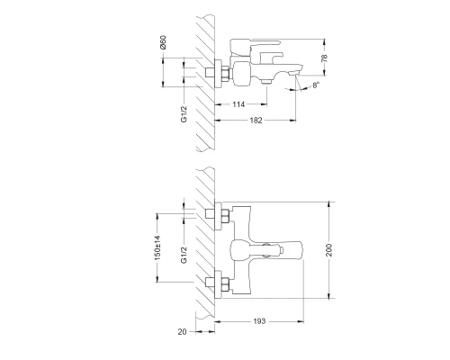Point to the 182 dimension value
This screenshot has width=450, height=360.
point(258,122)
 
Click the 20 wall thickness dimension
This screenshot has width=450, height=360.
point(183,333)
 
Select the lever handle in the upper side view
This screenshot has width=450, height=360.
point(256,47)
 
